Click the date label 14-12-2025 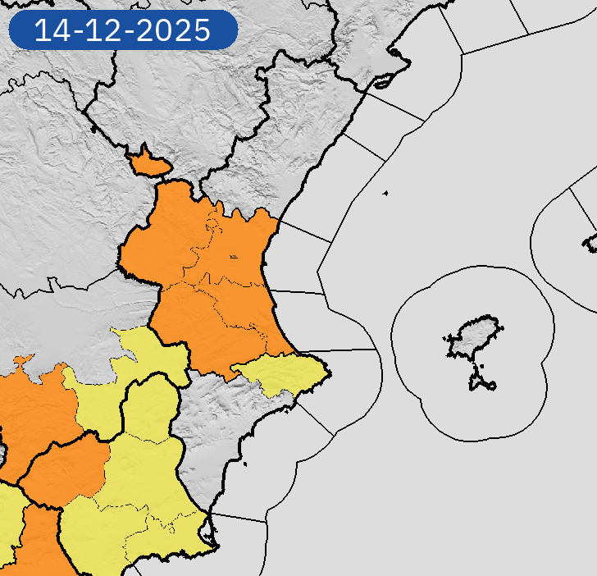(x=122, y=30)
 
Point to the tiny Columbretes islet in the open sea (x=385, y=194)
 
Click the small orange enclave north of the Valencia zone (x=148, y=163)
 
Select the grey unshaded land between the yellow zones (x=205, y=427)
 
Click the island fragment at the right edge (x=591, y=242)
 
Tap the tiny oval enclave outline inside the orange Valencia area (x=234, y=257)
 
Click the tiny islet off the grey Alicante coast (x=245, y=465)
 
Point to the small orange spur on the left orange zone (x=23, y=360)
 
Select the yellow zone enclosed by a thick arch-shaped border (x=152, y=410)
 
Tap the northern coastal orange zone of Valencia (x=246, y=246)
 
